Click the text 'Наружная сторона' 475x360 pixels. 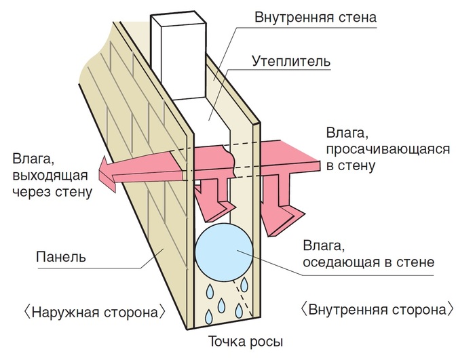point(94,313)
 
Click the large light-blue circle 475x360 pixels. point(225,250)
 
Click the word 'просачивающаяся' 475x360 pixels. point(377,148)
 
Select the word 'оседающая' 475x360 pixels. point(341,262)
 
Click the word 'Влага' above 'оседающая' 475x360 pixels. point(315,245)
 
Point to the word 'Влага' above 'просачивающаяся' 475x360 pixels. point(344,132)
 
